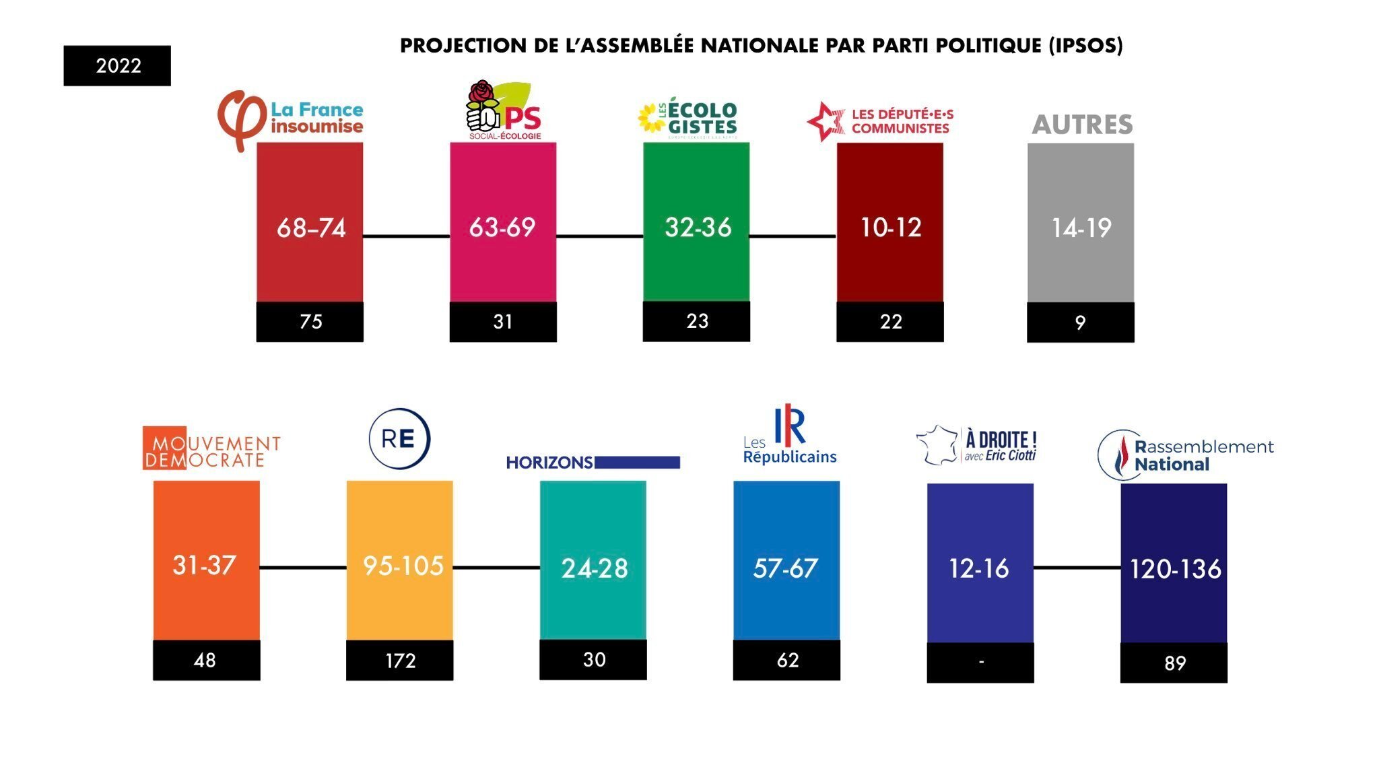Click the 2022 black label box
pyautogui.click(x=117, y=65)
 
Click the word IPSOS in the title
pyautogui.click(x=1085, y=46)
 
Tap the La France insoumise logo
pyautogui.click(x=290, y=119)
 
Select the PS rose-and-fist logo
pyautogui.click(x=483, y=108)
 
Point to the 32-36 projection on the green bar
pyautogui.click(x=698, y=228)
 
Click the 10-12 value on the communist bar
pyautogui.click(x=890, y=228)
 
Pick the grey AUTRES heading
pyautogui.click(x=1082, y=125)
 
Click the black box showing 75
pyautogui.click(x=310, y=322)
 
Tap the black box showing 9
pyautogui.click(x=1080, y=323)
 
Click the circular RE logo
pyautogui.click(x=399, y=438)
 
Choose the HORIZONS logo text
pyautogui.click(x=549, y=463)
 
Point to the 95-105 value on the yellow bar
pyautogui.click(x=403, y=566)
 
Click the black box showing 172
pyautogui.click(x=400, y=661)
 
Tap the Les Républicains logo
pyautogui.click(x=789, y=436)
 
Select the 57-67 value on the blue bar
pyautogui.click(x=785, y=568)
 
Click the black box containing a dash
pyautogui.click(x=980, y=663)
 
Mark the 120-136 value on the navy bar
pyautogui.click(x=1175, y=570)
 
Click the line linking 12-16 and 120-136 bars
pyautogui.click(x=1077, y=568)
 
